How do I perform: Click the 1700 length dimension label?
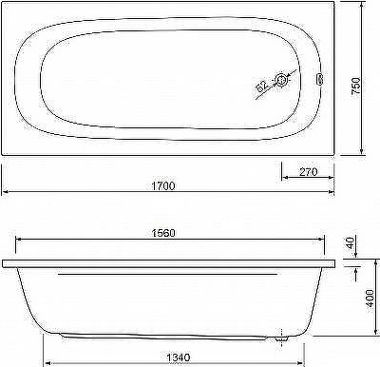(163, 185)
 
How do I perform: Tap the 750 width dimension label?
(356, 87)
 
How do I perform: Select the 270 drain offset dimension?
(308, 172)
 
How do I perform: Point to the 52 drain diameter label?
(261, 87)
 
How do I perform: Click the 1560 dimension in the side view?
(163, 233)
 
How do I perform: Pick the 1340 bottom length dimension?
(179, 357)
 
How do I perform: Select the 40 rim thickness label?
(350, 243)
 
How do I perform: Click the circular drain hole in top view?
(281, 80)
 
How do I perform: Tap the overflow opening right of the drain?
(319, 79)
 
